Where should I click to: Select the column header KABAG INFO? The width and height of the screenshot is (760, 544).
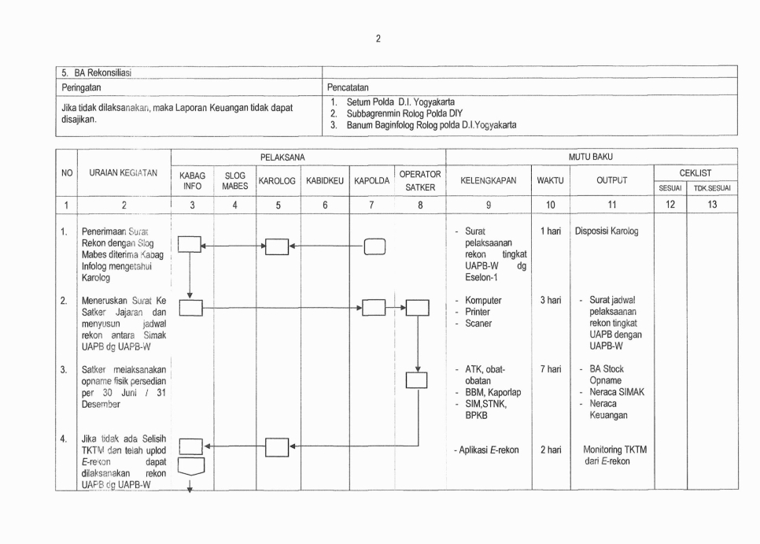(192, 181)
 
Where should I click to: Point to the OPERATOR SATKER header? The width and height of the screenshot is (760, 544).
(420, 181)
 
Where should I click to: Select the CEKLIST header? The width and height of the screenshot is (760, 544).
(695, 172)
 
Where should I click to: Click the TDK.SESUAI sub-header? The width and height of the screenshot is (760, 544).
(712, 189)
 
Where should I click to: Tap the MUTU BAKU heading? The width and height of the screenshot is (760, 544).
(590, 157)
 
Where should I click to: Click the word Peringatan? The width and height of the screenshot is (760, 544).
(82, 87)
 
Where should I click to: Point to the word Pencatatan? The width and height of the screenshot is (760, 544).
(348, 87)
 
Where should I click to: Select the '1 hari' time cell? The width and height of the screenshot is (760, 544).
(551, 231)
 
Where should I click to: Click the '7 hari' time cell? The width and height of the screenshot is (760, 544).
(551, 368)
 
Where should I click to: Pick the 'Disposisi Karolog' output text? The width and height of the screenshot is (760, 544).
(607, 231)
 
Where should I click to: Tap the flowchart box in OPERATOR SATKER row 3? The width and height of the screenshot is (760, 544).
(416, 380)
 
